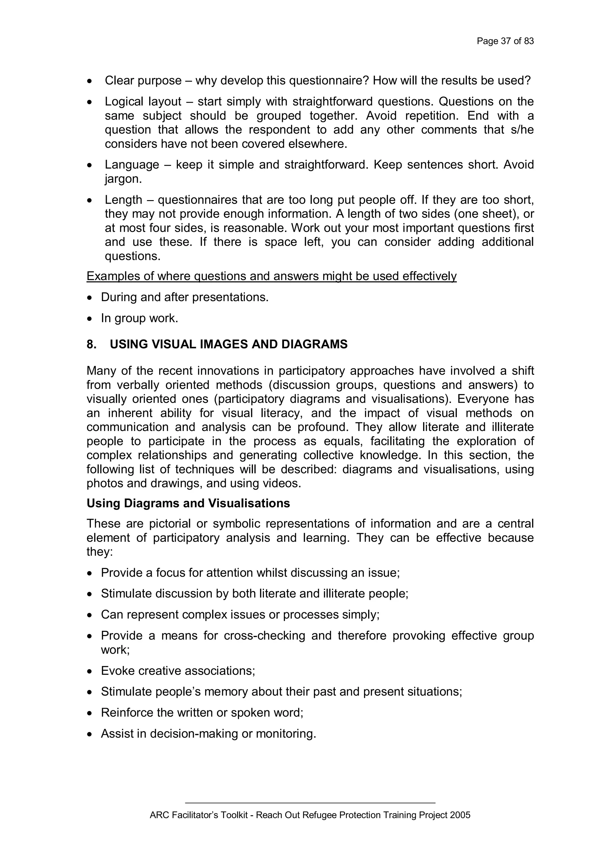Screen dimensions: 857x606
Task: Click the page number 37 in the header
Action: click(506, 41)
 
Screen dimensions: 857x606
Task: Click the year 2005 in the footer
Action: click(460, 815)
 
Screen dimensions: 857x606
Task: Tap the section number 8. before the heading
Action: click(91, 344)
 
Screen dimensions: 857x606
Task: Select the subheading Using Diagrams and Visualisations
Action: click(188, 503)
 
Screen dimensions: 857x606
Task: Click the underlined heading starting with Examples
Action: click(271, 276)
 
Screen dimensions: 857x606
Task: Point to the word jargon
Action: click(123, 179)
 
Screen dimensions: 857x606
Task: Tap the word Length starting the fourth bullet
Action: click(123, 200)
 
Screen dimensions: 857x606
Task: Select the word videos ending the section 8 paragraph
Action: click(282, 483)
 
